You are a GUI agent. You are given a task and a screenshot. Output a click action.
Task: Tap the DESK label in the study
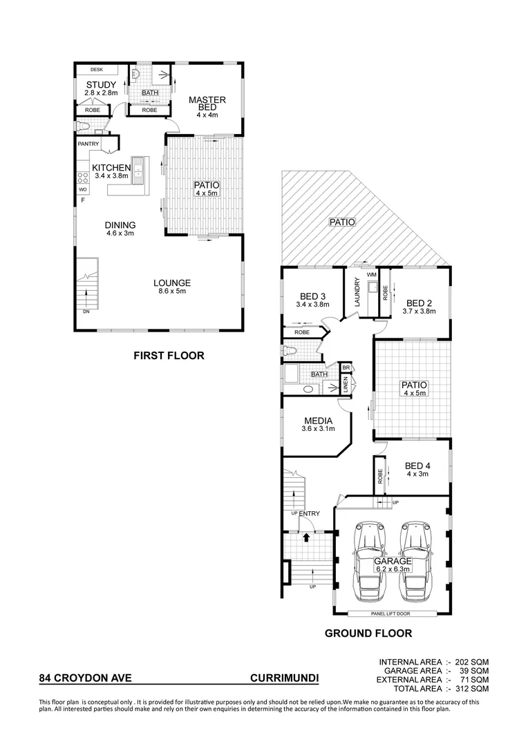click(95, 70)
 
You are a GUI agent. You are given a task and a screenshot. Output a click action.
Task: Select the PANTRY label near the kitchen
click(88, 144)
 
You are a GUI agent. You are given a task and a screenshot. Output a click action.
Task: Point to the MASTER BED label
click(207, 104)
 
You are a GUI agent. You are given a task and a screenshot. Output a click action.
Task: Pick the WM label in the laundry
click(371, 275)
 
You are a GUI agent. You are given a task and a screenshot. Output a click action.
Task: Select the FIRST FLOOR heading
click(169, 356)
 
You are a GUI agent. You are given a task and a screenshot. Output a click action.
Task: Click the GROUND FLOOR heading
click(368, 633)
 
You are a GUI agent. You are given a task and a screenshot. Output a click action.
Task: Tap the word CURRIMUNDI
click(284, 678)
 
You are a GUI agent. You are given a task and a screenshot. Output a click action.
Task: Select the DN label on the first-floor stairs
click(85, 312)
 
